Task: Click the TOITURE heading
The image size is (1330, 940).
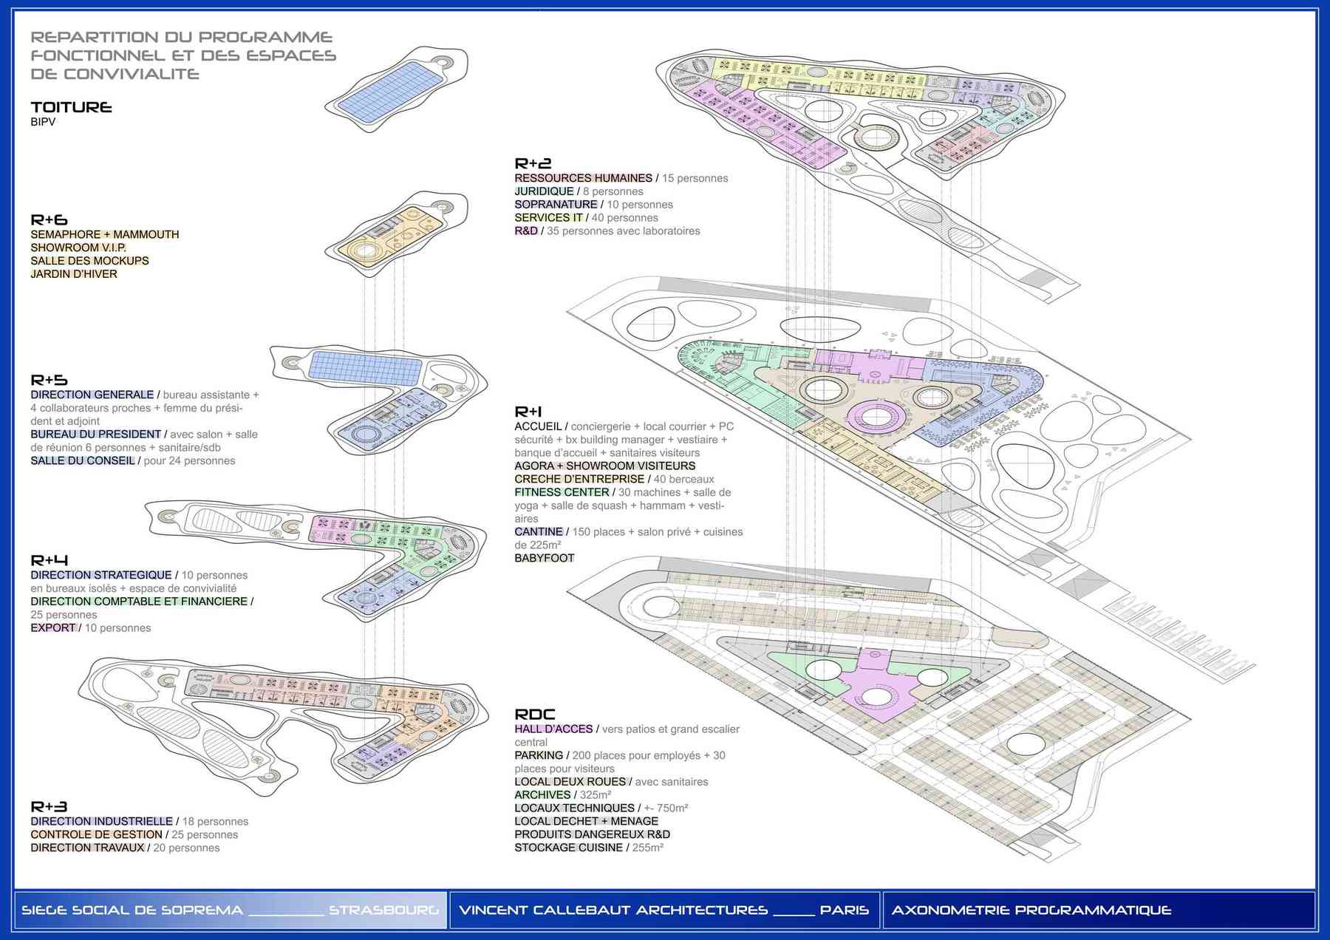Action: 71,108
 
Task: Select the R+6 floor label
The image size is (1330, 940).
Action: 49,220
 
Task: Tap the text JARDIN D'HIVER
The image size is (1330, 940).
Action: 74,274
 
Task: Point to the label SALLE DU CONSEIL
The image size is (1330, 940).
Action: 83,461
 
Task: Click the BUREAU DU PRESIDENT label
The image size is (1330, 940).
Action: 95,435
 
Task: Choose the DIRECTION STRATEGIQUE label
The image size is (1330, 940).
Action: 101,575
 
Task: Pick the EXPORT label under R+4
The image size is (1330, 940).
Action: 53,628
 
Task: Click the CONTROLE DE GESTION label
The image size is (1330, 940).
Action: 96,835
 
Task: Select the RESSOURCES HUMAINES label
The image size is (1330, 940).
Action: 583,178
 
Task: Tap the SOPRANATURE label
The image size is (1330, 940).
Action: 556,205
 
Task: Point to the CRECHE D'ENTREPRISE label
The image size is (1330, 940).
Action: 579,479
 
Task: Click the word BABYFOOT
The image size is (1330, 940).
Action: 544,558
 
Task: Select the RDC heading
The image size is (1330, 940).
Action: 534,715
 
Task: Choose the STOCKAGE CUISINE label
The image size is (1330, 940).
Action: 568,848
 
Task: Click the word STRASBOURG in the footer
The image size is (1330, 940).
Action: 383,910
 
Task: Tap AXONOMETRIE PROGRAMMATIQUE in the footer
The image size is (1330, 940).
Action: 1031,910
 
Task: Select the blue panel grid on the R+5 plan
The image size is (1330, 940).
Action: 365,368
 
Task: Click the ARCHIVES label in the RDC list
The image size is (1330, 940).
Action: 542,795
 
